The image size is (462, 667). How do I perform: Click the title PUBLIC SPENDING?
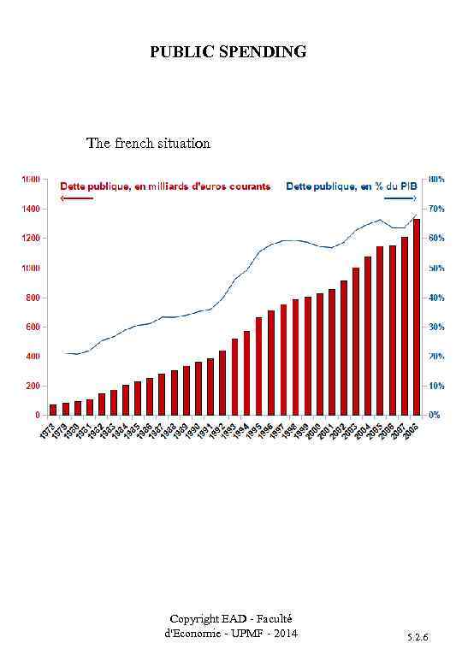228,52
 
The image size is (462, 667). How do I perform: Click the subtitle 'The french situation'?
148,143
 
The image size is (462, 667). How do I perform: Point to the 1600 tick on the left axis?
31,179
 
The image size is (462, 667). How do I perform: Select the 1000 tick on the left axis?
31,268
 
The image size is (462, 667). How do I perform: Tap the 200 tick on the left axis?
33,386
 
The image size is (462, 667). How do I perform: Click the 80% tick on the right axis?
435,179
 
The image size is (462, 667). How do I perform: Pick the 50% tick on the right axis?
435,268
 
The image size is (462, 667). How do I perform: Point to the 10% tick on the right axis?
435,386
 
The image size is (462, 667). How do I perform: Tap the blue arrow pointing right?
400,198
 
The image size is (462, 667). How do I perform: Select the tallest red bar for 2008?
417,316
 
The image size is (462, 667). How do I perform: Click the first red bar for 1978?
53,410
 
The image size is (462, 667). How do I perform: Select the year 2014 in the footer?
285,634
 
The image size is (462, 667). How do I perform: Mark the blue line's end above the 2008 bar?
417,215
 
